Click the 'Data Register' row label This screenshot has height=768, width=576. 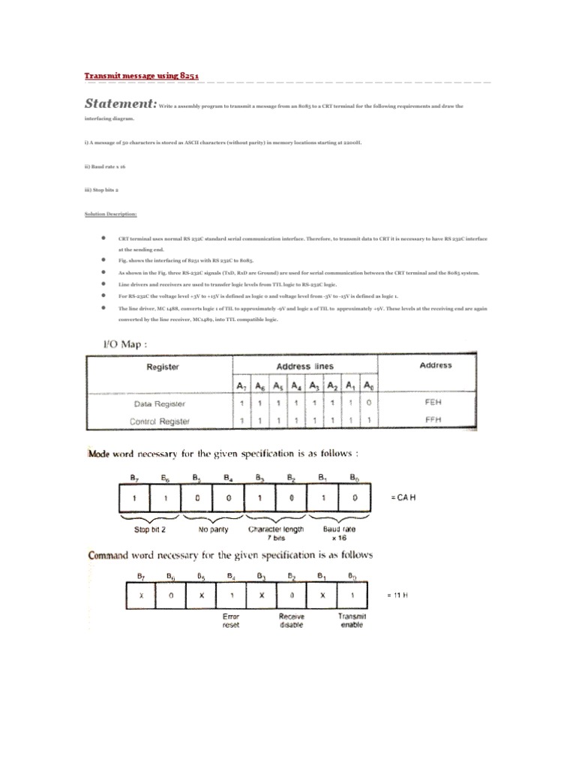tap(161, 403)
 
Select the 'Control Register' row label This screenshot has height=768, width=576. tap(160, 421)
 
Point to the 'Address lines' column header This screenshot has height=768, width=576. tap(305, 366)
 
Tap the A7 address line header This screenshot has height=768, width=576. tap(241, 385)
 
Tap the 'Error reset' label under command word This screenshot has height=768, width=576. tap(232, 619)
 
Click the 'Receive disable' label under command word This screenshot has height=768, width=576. tap(292, 619)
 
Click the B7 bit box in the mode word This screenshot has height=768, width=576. tap(134, 497)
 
